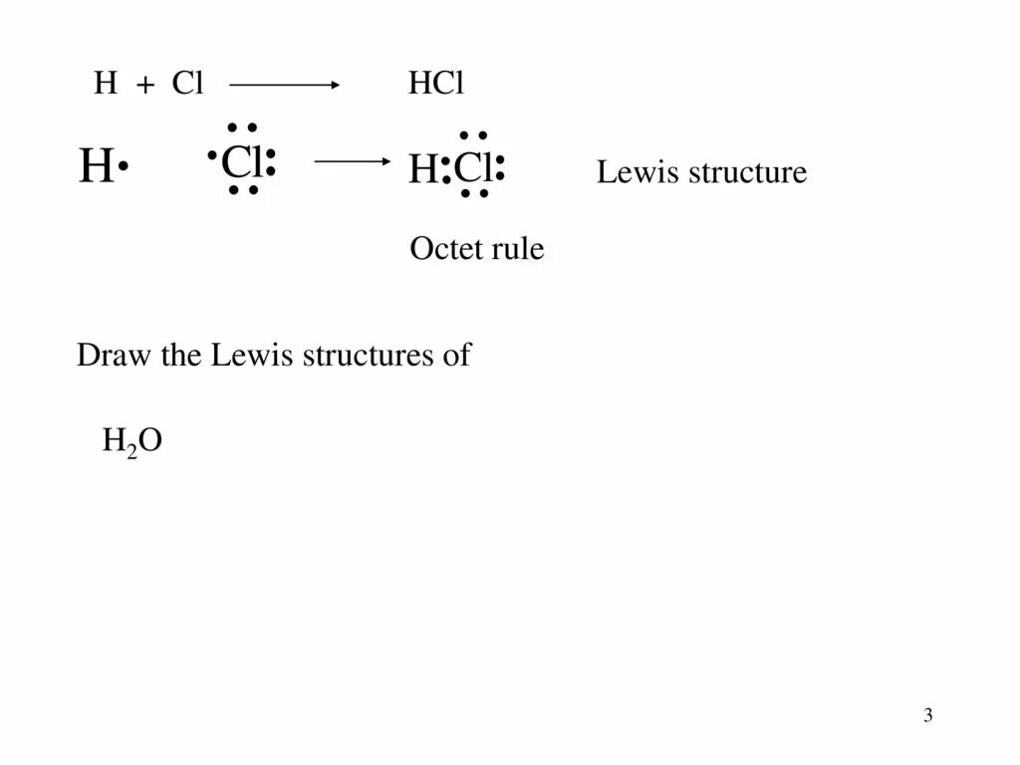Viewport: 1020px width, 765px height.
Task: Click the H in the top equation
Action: [105, 85]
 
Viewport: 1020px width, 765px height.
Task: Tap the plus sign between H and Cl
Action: [145, 87]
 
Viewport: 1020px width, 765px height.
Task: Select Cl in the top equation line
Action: [187, 85]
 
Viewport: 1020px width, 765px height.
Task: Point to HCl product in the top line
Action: [436, 85]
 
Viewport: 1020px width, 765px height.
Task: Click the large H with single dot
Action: [95, 167]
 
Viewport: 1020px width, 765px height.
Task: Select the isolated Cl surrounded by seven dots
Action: [240, 160]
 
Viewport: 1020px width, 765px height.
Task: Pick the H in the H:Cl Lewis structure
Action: [423, 170]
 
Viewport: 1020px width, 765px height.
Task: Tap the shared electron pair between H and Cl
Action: [446, 170]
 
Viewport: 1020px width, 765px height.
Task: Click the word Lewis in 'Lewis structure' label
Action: [631, 172]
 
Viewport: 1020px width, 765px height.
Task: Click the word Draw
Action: [107, 356]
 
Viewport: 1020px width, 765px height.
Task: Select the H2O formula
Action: [131, 440]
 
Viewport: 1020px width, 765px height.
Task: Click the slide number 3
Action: [927, 715]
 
